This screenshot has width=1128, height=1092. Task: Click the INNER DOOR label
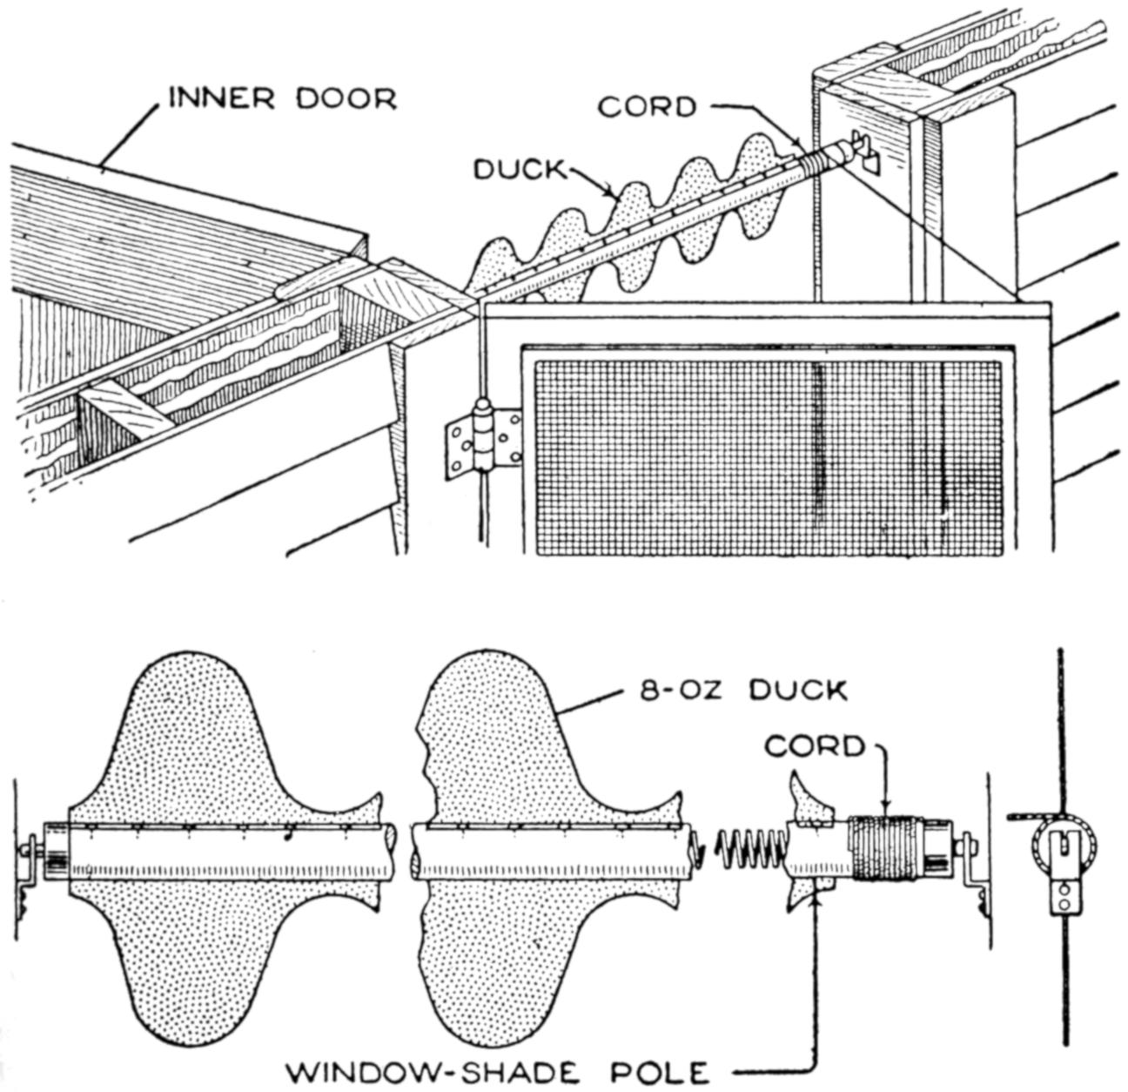pyautogui.click(x=282, y=98)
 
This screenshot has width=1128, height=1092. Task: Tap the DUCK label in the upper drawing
pyautogui.click(x=519, y=169)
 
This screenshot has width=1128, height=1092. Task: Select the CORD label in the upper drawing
pyautogui.click(x=648, y=106)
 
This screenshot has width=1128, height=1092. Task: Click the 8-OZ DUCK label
pyautogui.click(x=743, y=691)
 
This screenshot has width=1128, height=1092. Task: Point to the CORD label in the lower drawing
pyautogui.click(x=816, y=746)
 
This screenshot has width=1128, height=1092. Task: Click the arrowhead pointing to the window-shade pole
pyautogui.click(x=816, y=903)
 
